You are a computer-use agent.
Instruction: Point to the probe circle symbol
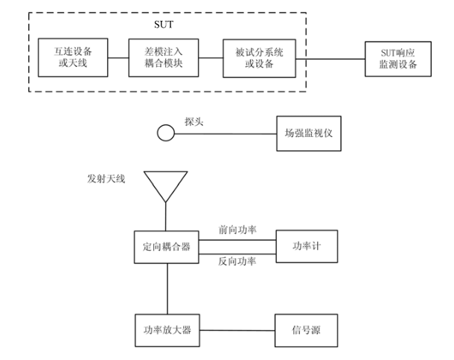point(165,134)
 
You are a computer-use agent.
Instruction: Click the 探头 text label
point(195,120)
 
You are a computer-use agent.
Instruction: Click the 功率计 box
point(306,245)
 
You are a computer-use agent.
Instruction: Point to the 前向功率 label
point(237,230)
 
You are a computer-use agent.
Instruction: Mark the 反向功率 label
point(237,263)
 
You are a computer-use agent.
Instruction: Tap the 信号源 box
point(306,328)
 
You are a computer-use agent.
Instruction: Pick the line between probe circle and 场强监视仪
point(223,135)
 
